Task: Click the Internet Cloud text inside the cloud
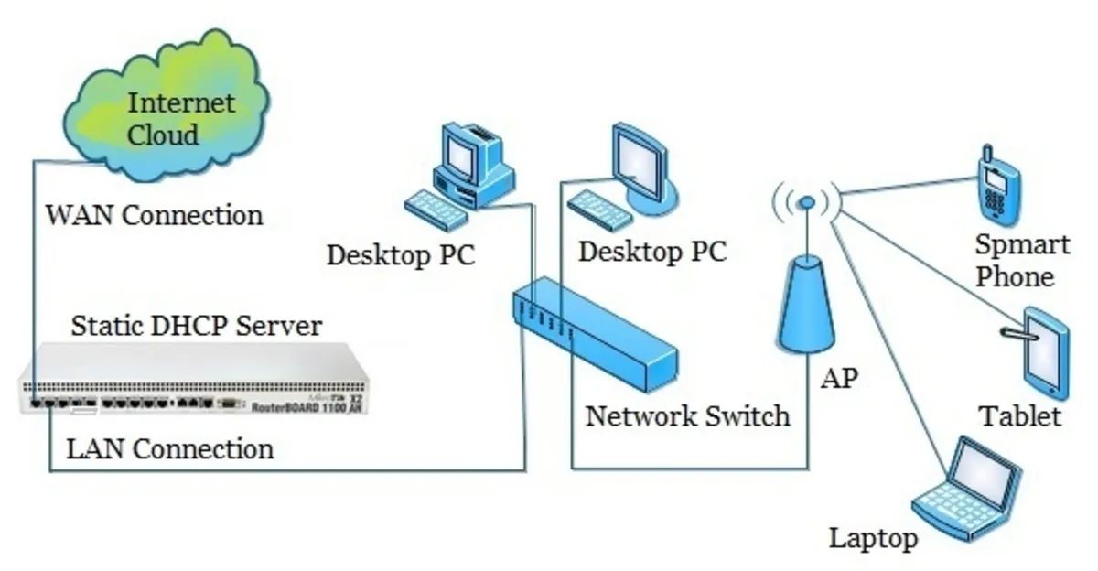point(181,119)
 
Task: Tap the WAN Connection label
point(155,216)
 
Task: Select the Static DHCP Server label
point(197,326)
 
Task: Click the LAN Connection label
point(169,449)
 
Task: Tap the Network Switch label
point(687,416)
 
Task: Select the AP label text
point(839,379)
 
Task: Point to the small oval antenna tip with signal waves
point(807,202)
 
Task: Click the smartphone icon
point(998,186)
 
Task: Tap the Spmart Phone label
point(1023,261)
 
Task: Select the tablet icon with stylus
point(1040,353)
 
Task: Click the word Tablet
point(1020,417)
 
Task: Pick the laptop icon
point(967,490)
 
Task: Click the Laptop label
point(874,539)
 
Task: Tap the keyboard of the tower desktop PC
point(436,210)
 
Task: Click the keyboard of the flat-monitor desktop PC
point(599,210)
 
